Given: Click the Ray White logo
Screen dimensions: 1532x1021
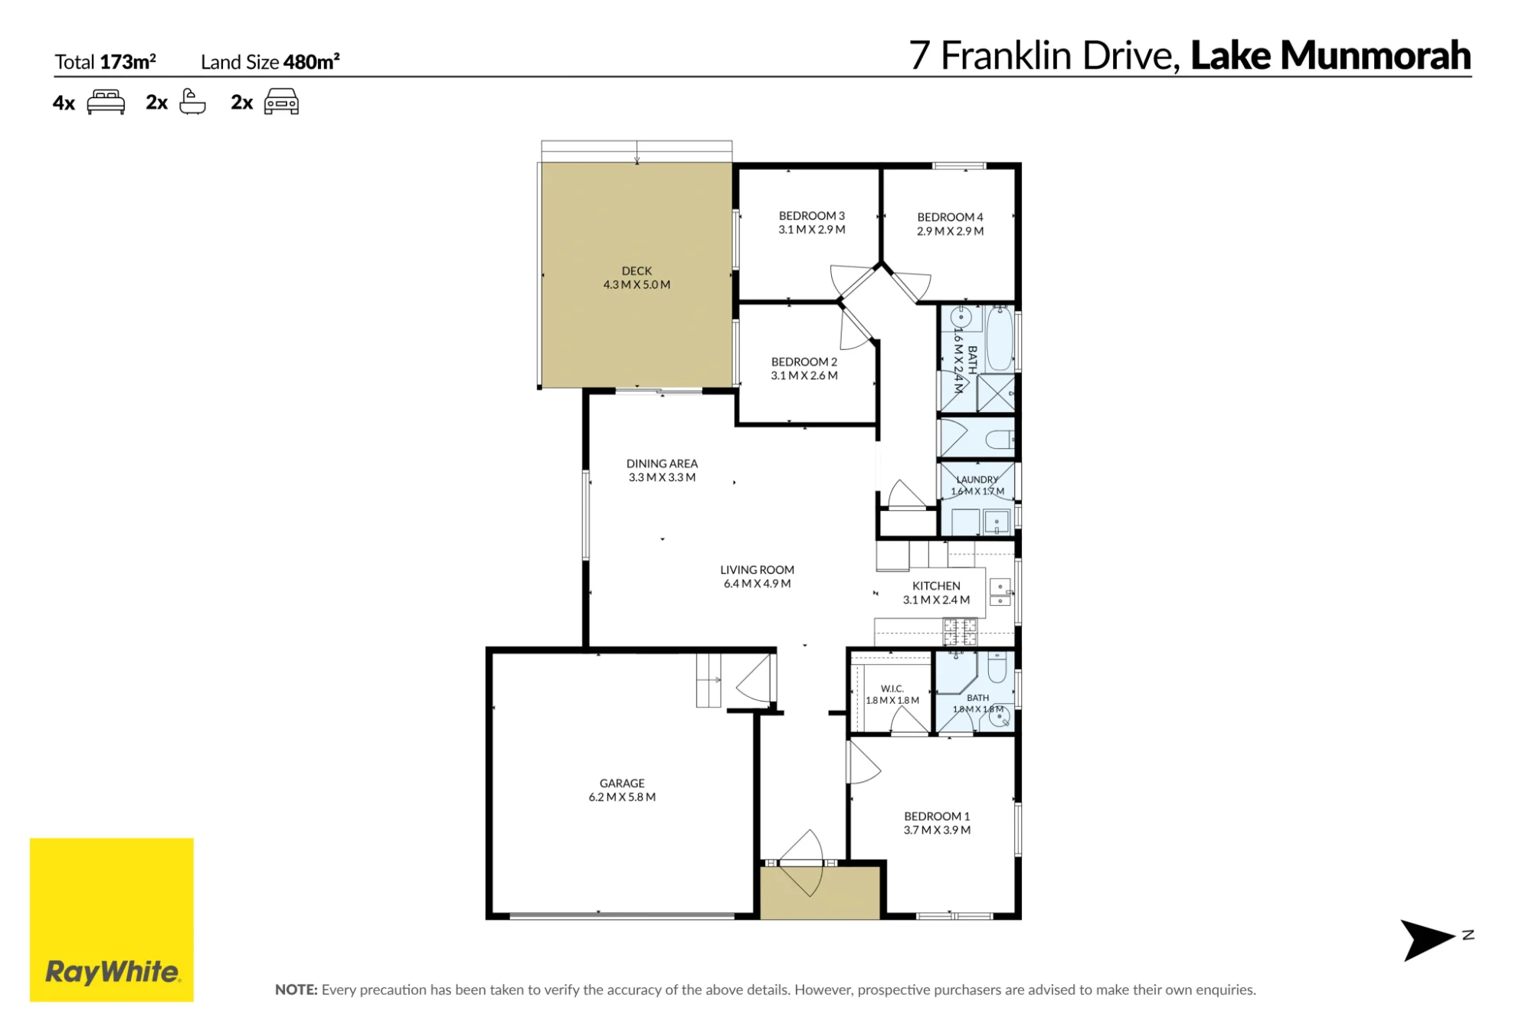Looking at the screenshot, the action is (112, 919).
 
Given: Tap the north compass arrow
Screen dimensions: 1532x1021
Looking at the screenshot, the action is (1426, 940).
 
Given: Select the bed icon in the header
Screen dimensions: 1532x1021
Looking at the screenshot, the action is (106, 102).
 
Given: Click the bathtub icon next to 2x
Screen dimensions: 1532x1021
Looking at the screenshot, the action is (192, 101).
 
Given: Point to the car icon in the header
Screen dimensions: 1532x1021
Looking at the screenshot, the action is (281, 101).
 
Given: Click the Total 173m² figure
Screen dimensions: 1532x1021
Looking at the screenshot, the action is (105, 62).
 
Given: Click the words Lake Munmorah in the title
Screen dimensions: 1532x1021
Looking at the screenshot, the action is (1331, 56).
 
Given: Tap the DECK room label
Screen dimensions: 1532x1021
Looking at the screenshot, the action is (637, 271).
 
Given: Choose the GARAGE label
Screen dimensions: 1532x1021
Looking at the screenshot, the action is (622, 784).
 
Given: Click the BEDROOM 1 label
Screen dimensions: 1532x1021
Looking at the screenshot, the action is (937, 816).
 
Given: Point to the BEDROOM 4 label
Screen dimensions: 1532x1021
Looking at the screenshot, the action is (950, 218).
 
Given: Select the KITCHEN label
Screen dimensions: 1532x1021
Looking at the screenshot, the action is (936, 586).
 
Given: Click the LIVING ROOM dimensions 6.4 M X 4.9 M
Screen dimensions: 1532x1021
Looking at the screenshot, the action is (757, 584).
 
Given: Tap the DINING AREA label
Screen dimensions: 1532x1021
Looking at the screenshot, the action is (662, 463).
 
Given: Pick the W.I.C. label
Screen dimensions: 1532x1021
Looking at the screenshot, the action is (892, 689).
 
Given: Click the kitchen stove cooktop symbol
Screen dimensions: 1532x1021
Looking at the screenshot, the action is (960, 632).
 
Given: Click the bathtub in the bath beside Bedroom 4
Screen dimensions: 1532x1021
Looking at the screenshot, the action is (1000, 338).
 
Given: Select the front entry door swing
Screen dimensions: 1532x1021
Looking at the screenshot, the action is (802, 862).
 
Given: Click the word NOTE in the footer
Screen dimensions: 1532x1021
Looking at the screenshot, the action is (296, 990).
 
